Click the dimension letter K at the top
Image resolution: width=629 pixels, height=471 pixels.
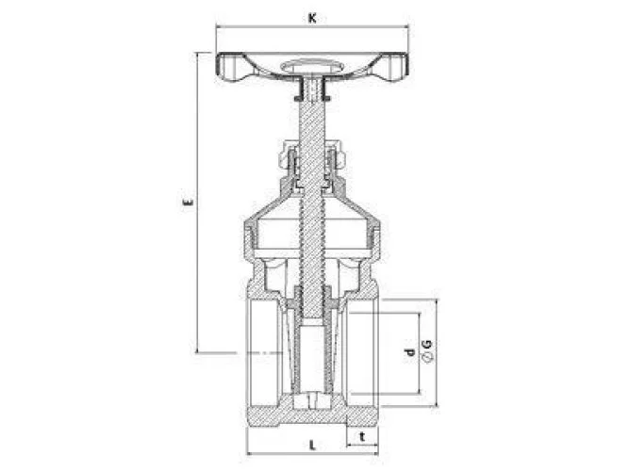point(312,18)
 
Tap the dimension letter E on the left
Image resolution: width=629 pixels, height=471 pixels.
point(188,202)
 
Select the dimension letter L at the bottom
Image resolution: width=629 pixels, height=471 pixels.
point(312,445)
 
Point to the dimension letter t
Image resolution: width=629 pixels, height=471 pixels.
point(362,436)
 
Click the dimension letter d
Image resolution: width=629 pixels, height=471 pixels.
point(408,352)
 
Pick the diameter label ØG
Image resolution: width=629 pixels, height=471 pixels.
point(427,351)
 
